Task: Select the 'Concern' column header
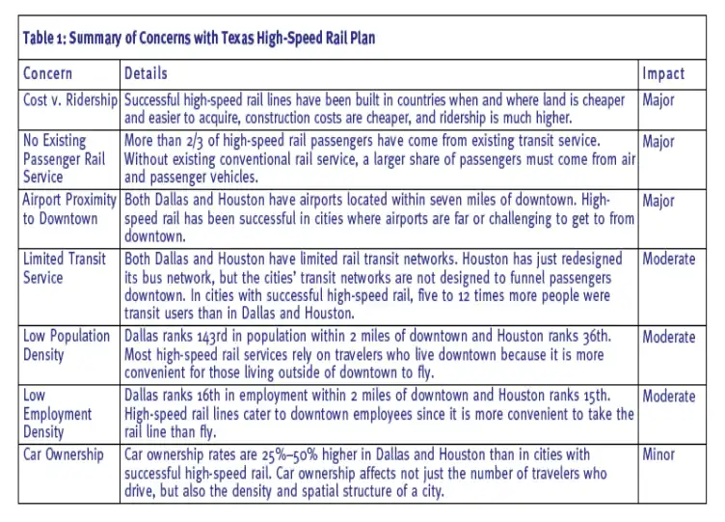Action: pyautogui.click(x=47, y=73)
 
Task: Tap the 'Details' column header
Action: pyautogui.click(x=146, y=73)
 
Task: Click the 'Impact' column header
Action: pyautogui.click(x=663, y=73)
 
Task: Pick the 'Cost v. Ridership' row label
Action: pyautogui.click(x=70, y=99)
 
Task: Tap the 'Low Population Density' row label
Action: pyautogui.click(x=67, y=345)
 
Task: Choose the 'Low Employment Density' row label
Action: pyautogui.click(x=58, y=414)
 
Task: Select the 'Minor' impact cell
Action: pyautogui.click(x=658, y=454)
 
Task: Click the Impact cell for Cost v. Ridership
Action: pyautogui.click(x=658, y=99)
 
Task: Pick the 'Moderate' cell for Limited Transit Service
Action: pyautogui.click(x=668, y=259)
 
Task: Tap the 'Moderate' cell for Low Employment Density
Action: pyautogui.click(x=668, y=397)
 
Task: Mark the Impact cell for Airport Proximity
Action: pyautogui.click(x=658, y=201)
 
